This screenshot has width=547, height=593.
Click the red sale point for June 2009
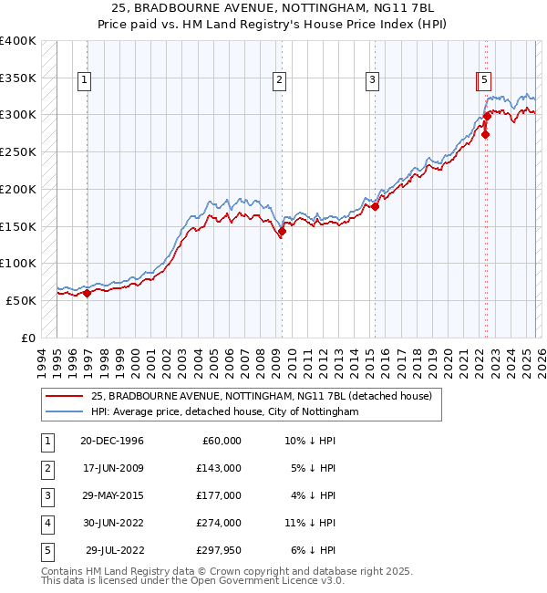click(282, 231)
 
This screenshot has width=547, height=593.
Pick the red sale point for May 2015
click(375, 206)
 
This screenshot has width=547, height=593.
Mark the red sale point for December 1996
click(88, 293)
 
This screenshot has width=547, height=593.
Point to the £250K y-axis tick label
click(17, 151)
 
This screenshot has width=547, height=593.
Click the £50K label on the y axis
click(21, 300)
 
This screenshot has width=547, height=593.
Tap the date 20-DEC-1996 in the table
click(112, 441)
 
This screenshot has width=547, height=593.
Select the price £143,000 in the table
click(219, 468)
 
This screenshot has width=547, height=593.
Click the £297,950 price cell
click(219, 550)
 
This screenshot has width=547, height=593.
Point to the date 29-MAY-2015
click(112, 495)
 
